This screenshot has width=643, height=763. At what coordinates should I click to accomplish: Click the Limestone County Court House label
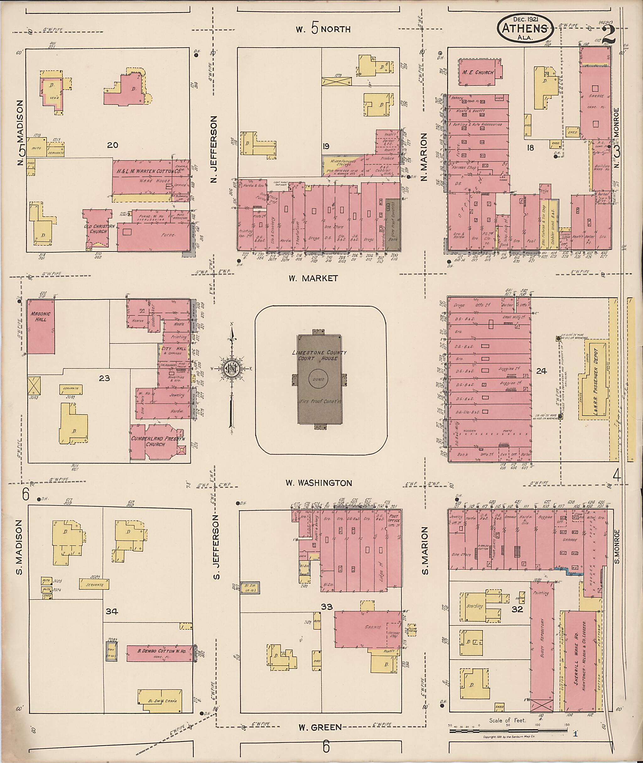tap(320, 356)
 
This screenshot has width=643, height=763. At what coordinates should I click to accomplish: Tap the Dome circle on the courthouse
tap(318, 379)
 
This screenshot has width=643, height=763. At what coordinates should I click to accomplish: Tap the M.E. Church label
tap(478, 72)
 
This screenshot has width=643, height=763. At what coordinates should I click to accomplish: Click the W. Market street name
tap(313, 278)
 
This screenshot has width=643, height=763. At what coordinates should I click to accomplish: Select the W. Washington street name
tap(319, 483)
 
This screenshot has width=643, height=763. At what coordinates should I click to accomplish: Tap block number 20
tap(113, 145)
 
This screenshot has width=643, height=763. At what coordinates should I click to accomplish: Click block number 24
tap(541, 371)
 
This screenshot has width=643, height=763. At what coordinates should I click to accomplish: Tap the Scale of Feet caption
tap(507, 720)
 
